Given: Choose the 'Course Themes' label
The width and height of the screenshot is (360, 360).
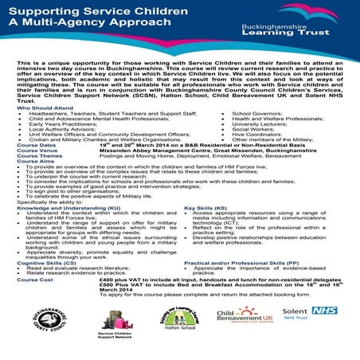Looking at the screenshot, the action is [x=39, y=158].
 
